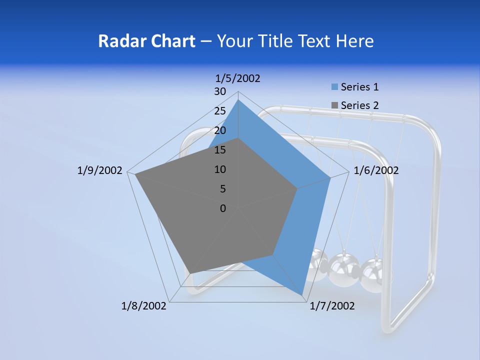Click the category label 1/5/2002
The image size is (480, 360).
[237, 78]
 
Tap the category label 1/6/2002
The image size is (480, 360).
[376, 170]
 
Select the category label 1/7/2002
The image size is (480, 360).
[332, 306]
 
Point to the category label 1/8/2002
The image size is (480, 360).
[144, 306]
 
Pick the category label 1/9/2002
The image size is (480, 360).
[99, 170]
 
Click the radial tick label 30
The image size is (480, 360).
[220, 91]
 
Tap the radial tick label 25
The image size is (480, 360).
[220, 111]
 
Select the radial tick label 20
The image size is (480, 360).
[220, 130]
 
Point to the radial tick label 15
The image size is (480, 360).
[220, 150]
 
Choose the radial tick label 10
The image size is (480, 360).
[220, 169]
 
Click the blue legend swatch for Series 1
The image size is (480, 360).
[334, 87]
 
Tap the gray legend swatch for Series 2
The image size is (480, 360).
[334, 105]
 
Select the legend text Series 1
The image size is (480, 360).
[359, 87]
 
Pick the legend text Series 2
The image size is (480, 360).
[359, 105]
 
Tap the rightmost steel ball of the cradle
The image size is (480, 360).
[375, 274]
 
